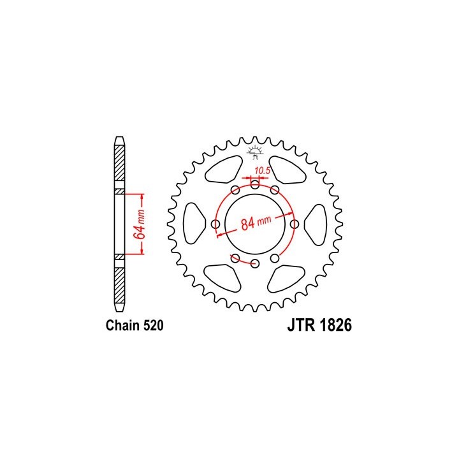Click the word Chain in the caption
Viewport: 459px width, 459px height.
click(x=123, y=326)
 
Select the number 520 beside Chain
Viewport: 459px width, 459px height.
click(x=153, y=326)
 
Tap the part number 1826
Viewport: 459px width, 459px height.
click(x=336, y=325)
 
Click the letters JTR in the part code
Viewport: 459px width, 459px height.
click(x=302, y=325)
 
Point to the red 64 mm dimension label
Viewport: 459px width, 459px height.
click(x=140, y=224)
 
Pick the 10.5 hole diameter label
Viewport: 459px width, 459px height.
click(x=262, y=171)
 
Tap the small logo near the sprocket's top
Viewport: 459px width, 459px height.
click(x=255, y=152)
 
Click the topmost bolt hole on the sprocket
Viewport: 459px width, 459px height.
click(x=255, y=185)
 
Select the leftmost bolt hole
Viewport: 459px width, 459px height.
click(x=215, y=224)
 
